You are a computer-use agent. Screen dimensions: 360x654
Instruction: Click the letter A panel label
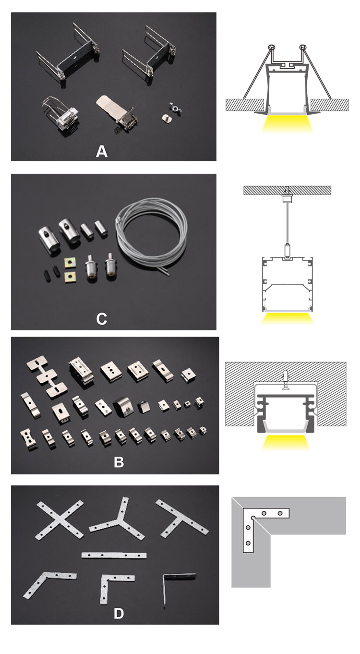102,152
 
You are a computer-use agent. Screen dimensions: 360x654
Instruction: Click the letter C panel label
102,319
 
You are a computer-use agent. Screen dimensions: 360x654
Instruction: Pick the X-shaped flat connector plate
60,520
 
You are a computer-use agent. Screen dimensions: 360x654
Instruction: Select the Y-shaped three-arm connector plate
116,521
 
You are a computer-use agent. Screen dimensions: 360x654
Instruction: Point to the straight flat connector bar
114,555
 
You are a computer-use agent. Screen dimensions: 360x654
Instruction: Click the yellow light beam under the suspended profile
287,318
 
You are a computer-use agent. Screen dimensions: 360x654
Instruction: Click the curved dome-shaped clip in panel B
122,405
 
